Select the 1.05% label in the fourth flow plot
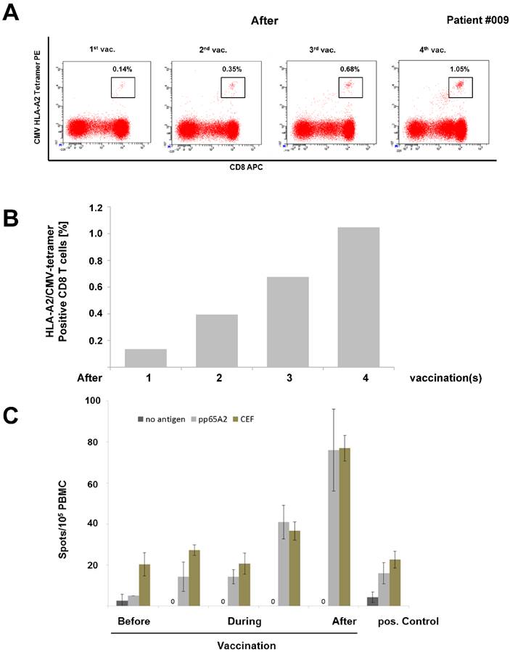click(x=460, y=69)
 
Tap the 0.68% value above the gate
click(x=350, y=69)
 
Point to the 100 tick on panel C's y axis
click(x=94, y=400)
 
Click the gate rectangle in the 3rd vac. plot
click(x=350, y=86)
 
